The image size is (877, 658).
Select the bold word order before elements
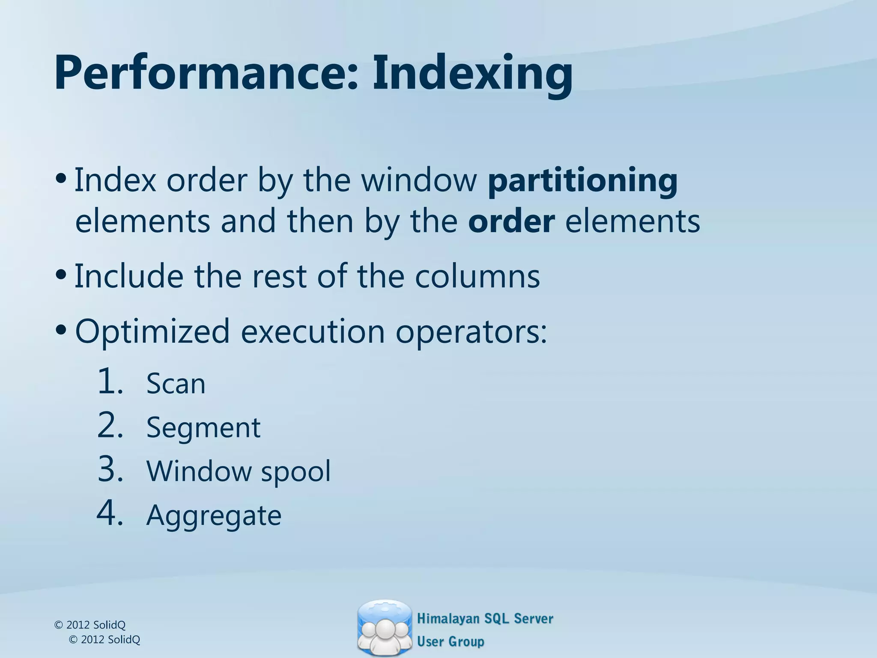point(511,221)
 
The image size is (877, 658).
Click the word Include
point(129,276)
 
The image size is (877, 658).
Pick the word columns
point(477,276)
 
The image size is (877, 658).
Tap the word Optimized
point(152,331)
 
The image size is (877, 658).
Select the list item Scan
point(176,383)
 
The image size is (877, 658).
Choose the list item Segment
point(203,428)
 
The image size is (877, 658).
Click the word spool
point(296,471)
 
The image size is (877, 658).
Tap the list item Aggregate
point(214,515)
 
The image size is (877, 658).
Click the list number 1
point(110,381)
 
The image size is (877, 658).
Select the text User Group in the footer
point(450,641)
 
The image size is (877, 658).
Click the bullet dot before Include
point(61,274)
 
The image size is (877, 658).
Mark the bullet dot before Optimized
point(61,329)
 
